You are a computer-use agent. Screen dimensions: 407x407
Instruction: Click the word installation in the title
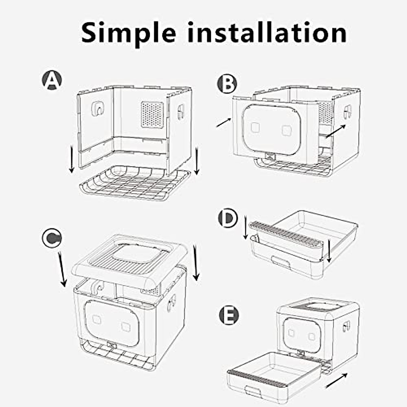267,33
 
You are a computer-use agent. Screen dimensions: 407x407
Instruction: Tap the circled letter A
52,81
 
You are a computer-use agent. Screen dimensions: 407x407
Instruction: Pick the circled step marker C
52,238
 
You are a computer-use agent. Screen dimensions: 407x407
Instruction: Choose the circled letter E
229,315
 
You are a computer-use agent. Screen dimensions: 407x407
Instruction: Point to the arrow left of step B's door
224,123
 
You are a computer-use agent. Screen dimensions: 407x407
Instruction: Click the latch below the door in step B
270,156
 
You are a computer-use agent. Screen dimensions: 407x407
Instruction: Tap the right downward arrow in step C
195,263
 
